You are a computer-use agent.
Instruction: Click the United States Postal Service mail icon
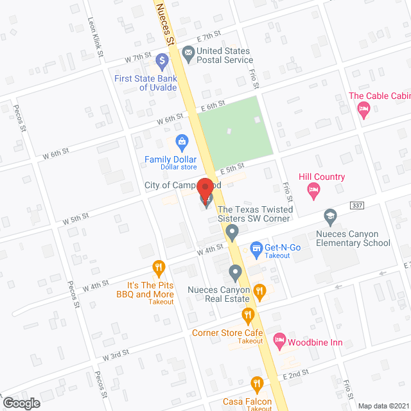pyautogui.click(x=188, y=54)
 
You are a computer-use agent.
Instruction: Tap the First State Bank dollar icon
pyautogui.click(x=161, y=62)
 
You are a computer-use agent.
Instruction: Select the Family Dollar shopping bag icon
pyautogui.click(x=182, y=141)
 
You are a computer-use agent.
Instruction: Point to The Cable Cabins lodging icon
pyautogui.click(x=363, y=109)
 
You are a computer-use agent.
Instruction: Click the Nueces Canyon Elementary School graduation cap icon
pyautogui.click(x=331, y=215)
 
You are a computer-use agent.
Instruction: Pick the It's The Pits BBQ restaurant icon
pyautogui.click(x=158, y=267)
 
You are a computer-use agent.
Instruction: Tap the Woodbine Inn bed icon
pyautogui.click(x=279, y=339)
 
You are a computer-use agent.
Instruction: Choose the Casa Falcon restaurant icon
pyautogui.click(x=257, y=385)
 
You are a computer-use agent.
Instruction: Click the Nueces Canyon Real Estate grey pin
pyautogui.click(x=235, y=274)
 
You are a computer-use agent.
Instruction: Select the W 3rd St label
pyautogui.click(x=116, y=354)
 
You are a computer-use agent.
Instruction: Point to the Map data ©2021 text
pyautogui.click(x=383, y=405)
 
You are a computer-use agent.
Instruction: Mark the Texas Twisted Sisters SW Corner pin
pyautogui.click(x=233, y=230)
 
